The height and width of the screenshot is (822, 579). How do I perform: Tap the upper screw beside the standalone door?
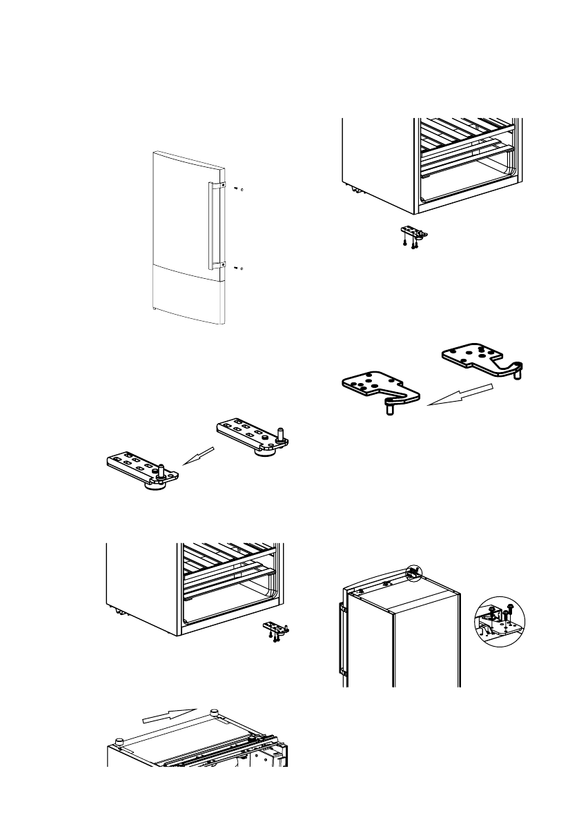236,188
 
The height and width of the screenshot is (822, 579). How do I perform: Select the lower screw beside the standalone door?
236,267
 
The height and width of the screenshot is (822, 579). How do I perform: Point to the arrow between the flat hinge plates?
460,395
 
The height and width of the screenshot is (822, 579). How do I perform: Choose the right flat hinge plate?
480,359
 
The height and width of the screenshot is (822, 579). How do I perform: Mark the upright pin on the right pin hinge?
281,433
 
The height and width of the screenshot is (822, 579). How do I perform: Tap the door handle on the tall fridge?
340,637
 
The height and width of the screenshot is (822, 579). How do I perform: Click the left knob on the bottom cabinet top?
120,741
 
